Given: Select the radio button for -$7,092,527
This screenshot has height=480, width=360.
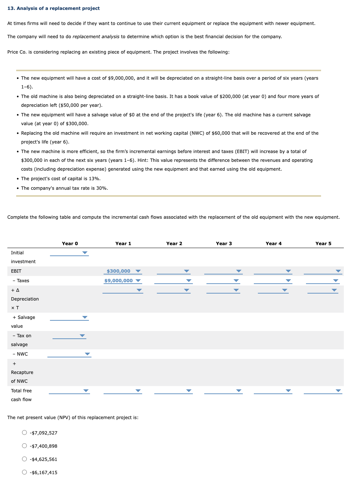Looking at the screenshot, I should (24, 433).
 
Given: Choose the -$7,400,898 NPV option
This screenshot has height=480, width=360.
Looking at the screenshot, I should (24, 446).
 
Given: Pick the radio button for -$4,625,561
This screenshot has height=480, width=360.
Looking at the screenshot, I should (24, 459).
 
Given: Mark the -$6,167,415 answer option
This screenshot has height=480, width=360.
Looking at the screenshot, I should (24, 472).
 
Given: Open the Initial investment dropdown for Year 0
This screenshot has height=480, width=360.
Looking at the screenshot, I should (69, 253).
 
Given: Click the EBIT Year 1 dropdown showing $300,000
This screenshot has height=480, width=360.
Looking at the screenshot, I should (123, 271).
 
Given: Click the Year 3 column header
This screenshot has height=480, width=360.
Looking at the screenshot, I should (224, 243).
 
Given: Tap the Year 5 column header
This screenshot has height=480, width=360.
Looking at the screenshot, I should (323, 243).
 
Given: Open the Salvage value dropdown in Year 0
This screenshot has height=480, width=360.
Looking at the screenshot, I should (69, 317).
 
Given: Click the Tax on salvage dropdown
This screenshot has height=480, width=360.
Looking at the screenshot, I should (69, 336).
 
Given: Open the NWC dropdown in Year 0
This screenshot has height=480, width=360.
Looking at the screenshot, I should (69, 354).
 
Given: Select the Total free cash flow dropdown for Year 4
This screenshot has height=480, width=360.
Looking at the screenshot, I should (273, 391).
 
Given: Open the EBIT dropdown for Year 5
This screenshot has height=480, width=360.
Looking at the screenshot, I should (323, 271).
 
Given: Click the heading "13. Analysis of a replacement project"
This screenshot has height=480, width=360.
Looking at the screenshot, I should (54, 8).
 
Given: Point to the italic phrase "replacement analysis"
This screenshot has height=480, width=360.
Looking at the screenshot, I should (96, 37).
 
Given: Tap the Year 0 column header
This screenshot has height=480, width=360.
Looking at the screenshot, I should (70, 243).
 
